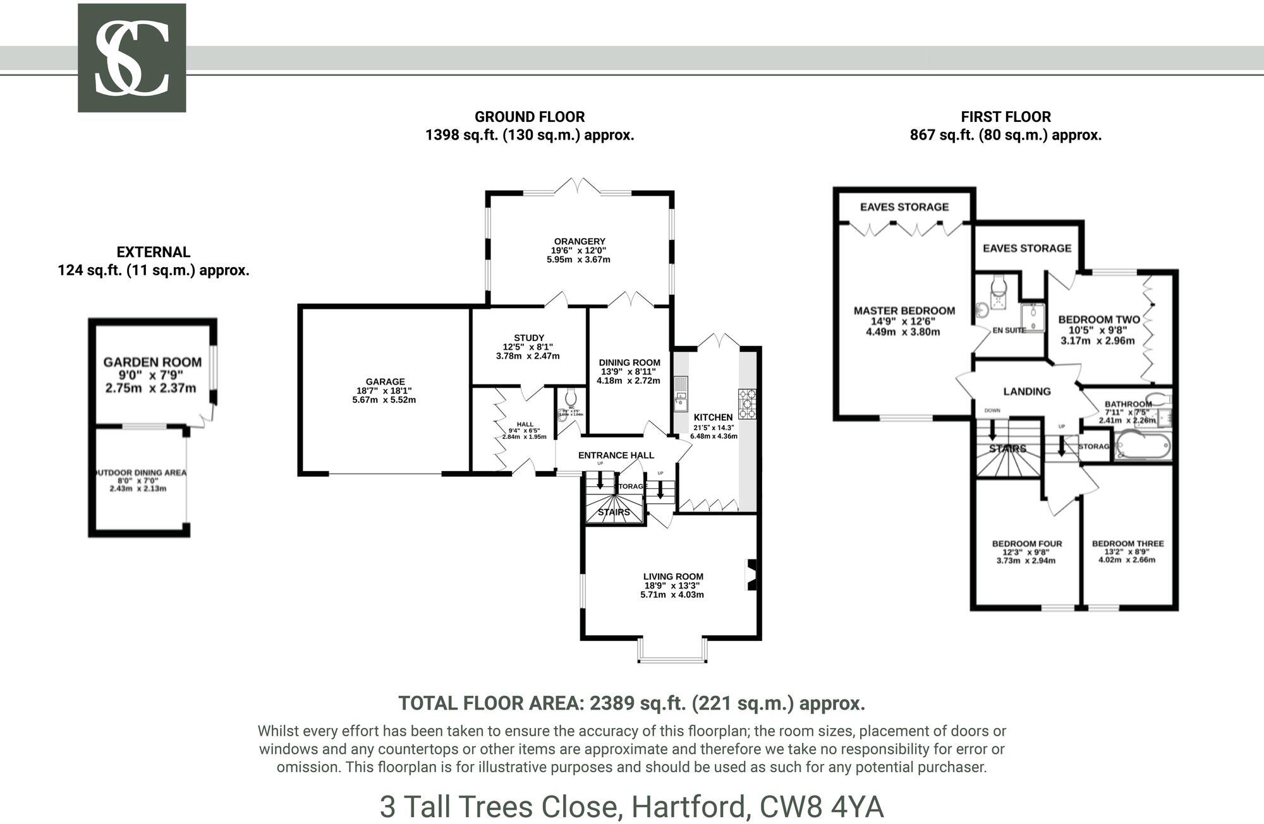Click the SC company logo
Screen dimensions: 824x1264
pyautogui.click(x=131, y=58)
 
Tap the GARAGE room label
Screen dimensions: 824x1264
pyautogui.click(x=384, y=381)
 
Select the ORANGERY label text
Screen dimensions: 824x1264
pyautogui.click(x=579, y=241)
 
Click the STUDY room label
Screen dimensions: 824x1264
pyautogui.click(x=528, y=338)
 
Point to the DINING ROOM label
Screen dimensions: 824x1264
pyautogui.click(x=629, y=362)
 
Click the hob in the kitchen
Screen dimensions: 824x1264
pyautogui.click(x=746, y=403)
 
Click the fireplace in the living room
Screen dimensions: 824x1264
pyautogui.click(x=751, y=575)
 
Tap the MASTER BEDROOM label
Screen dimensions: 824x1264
pyautogui.click(x=904, y=311)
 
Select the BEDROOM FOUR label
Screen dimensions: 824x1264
pyautogui.click(x=1026, y=544)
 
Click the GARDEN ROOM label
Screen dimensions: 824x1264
pyautogui.click(x=152, y=362)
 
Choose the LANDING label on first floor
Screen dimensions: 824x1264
pyautogui.click(x=1026, y=391)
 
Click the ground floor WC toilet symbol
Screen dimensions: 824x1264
pyautogui.click(x=571, y=398)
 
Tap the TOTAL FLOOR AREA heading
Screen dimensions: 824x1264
pyautogui.click(x=631, y=703)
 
